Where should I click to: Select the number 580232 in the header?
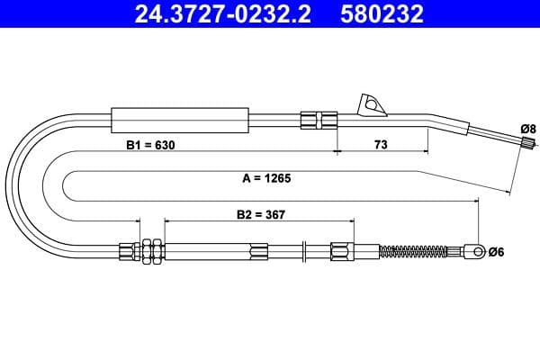(381, 14)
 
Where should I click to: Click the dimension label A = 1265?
(266, 178)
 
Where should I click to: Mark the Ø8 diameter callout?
(528, 129)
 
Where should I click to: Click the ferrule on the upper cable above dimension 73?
(319, 119)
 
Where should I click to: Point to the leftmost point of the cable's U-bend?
(10, 180)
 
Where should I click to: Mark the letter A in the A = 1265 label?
(246, 178)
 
